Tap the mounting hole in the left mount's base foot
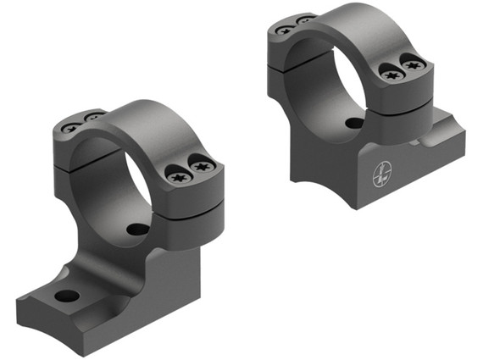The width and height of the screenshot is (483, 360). (x=67, y=296)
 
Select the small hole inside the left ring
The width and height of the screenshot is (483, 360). (x=135, y=229)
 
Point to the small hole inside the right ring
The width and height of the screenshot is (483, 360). (x=354, y=123)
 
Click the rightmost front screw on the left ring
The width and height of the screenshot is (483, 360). (x=202, y=167)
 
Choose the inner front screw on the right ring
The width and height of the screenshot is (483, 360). (x=391, y=75)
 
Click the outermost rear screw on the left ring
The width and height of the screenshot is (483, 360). (x=70, y=128)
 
